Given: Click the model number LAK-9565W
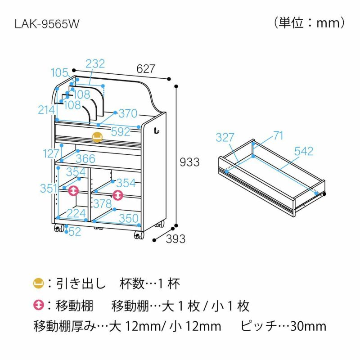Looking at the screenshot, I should point(47,23).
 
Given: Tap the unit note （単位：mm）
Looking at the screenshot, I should point(309,22).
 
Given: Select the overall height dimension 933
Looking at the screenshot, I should point(189,162).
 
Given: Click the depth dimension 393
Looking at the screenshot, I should point(175,239).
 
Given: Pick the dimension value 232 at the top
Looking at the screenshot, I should point(95,64).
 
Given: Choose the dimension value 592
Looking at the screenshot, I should point(121,132).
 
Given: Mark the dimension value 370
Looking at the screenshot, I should point(128,114).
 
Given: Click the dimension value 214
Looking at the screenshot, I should point(46,109).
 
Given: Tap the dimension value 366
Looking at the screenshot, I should point(85,158).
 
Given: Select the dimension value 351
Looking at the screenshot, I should point(49,189).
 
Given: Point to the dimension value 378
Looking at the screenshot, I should point(102,203).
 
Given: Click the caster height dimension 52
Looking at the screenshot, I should point(75,232).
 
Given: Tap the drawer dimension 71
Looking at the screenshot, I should point(279,135).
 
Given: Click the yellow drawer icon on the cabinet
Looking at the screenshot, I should point(97,137).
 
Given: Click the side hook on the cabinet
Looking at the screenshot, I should point(157,131).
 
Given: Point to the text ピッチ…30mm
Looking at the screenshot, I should point(283,326).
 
